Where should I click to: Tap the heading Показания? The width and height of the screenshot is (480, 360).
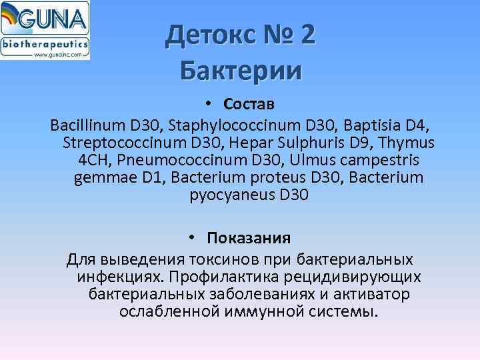248,239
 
